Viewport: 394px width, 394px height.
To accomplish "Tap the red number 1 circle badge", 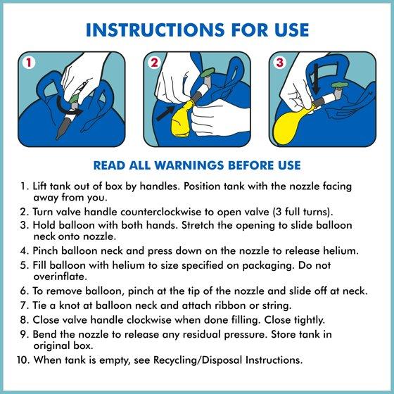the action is pos(29,63).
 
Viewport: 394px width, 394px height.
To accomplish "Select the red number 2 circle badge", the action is pos(154,63).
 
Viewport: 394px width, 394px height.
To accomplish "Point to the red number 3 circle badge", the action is pos(279,63).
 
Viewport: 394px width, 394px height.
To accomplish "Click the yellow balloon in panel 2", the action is pos(182,119).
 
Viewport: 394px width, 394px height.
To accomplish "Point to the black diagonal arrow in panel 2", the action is pos(165,113).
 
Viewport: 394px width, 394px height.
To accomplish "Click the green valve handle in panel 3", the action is pos(340,85).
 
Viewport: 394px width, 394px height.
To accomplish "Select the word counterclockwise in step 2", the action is pos(161,212).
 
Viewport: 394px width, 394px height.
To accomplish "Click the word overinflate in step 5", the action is pos(60,277).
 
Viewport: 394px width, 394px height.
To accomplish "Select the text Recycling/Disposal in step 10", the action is pos(198,360).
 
